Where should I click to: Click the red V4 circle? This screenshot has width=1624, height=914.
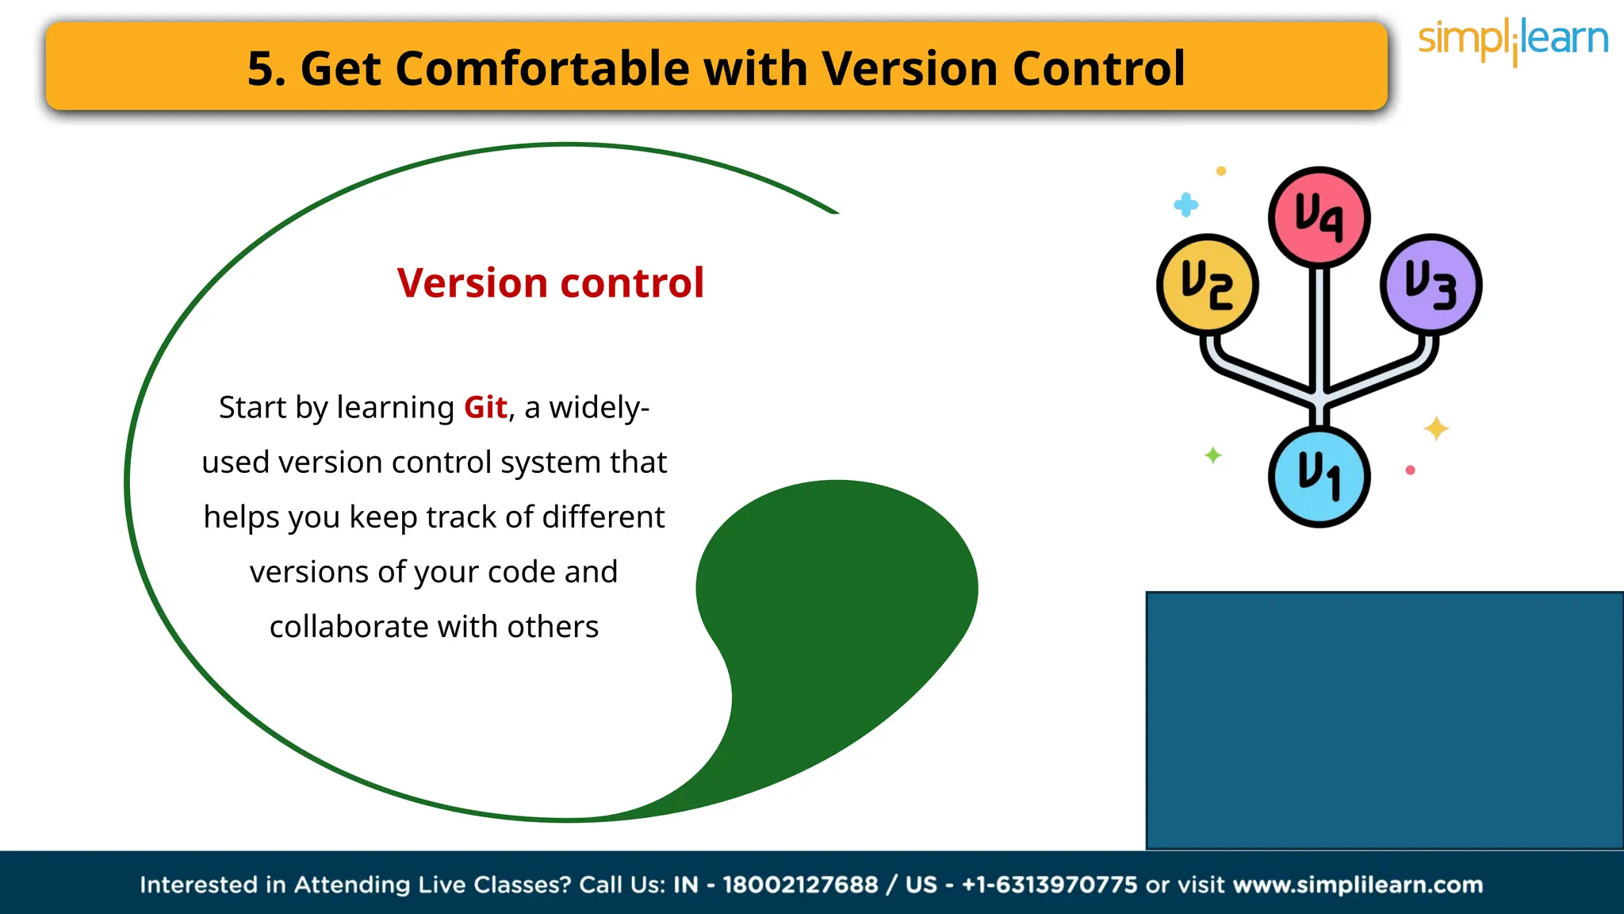[1319, 216]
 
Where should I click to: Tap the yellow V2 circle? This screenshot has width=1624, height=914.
[1207, 284]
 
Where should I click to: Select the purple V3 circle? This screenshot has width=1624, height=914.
[1431, 284]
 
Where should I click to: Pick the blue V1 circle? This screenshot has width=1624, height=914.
[1319, 476]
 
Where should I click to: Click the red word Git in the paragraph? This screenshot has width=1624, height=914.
[485, 408]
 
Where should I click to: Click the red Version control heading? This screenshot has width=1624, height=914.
[550, 283]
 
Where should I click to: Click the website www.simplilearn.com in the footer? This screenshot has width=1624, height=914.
[1358, 885]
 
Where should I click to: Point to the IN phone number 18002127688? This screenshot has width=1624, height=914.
[800, 885]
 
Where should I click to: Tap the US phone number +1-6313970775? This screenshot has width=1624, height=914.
[1049, 885]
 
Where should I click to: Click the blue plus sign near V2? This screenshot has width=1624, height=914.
[1185, 205]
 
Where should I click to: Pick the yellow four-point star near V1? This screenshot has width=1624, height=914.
[1436, 428]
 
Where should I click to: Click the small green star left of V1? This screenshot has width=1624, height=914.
[1212, 455]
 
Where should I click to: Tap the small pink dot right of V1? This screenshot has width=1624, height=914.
[1410, 470]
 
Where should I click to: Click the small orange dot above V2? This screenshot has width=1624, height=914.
[1221, 171]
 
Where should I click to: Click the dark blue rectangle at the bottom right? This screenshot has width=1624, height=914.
[1384, 720]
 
